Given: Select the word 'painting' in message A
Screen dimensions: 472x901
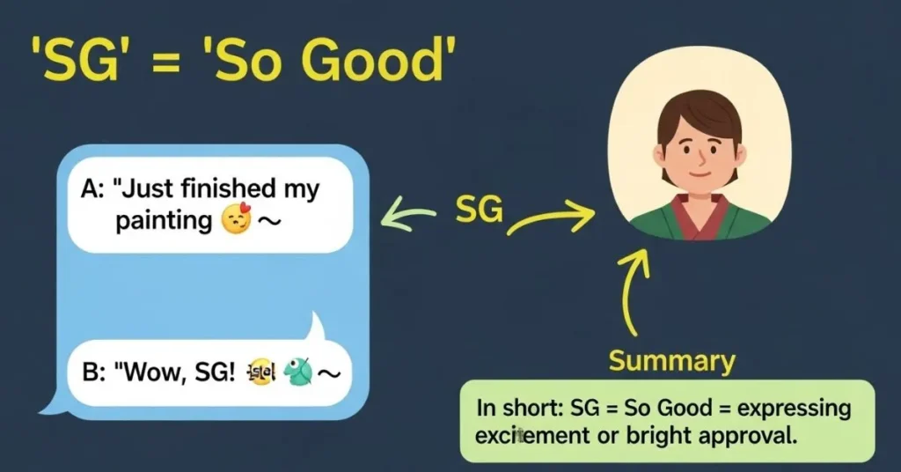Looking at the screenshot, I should tap(164, 220).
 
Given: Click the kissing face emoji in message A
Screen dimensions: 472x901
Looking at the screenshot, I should tap(235, 221).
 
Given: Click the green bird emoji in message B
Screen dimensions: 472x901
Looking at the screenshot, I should tap(298, 372).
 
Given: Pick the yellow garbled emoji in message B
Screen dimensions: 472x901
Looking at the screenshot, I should tap(260, 373).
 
